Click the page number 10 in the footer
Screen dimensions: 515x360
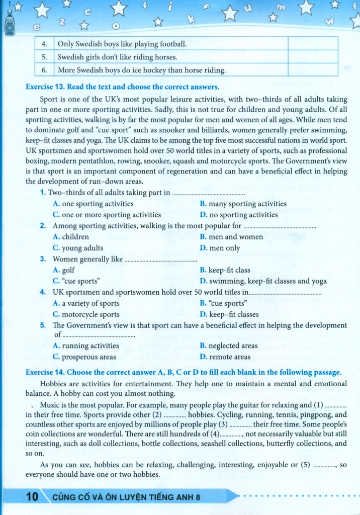[x=32, y=497]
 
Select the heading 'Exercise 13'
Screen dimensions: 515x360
[x=45, y=87]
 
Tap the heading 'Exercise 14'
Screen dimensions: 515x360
[x=45, y=372]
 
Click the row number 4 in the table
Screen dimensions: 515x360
[x=44, y=44]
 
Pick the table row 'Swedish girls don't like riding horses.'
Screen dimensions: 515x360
[x=118, y=57]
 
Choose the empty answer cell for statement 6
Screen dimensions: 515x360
[x=312, y=69]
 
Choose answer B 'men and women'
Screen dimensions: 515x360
[x=231, y=237]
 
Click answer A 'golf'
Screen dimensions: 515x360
[x=64, y=270]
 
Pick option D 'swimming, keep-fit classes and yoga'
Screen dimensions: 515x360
[x=263, y=281]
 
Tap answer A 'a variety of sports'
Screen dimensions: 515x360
[x=86, y=303]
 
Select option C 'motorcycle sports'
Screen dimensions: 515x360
[x=86, y=314]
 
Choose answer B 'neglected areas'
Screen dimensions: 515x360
[x=229, y=346]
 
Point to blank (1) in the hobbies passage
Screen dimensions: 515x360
[x=336, y=405]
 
